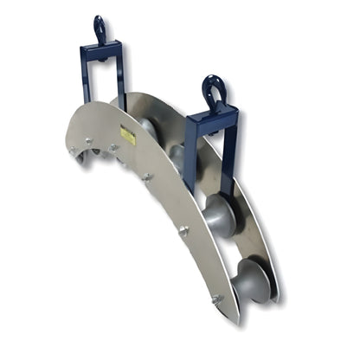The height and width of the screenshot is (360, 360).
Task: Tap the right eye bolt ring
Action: [x=212, y=87]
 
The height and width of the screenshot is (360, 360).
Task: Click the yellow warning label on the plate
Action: [x=127, y=136]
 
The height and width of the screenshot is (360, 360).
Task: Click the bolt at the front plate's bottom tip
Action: [x=216, y=299]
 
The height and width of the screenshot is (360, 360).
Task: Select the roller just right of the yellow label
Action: [x=148, y=128]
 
